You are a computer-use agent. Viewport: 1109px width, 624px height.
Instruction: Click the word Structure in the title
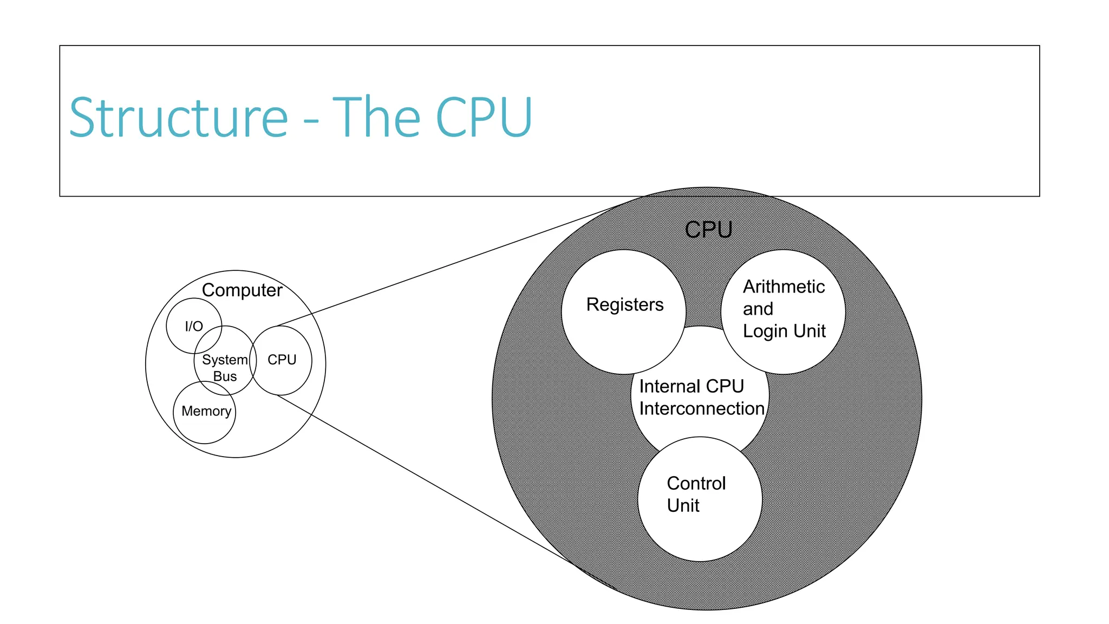click(x=179, y=118)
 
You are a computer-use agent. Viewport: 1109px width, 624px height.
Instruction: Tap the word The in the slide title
click(x=376, y=118)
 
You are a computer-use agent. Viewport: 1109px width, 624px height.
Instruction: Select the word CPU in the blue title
click(x=484, y=118)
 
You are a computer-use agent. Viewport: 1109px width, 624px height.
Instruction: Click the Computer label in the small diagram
click(x=242, y=290)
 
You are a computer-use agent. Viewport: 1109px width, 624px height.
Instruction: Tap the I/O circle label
click(x=194, y=326)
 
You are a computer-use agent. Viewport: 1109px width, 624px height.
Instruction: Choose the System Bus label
click(x=225, y=368)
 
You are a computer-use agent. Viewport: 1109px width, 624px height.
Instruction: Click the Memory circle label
click(x=206, y=411)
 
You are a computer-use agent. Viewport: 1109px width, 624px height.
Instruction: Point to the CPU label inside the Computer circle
click(x=282, y=360)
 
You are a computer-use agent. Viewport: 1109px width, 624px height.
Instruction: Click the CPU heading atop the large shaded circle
click(x=708, y=230)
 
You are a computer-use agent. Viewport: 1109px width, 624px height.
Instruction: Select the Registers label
click(x=624, y=304)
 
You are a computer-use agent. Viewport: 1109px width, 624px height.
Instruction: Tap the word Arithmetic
click(x=784, y=287)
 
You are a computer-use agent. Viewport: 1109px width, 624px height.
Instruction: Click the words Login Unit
click(x=784, y=331)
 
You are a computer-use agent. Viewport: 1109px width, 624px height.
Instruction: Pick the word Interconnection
click(x=701, y=408)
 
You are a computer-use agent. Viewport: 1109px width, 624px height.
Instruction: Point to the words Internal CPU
click(x=692, y=386)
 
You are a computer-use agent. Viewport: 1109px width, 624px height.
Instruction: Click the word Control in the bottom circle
click(x=696, y=483)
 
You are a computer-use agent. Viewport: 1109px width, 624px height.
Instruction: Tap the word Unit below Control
click(x=683, y=505)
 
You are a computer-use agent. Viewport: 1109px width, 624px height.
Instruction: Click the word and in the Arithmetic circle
click(x=758, y=309)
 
